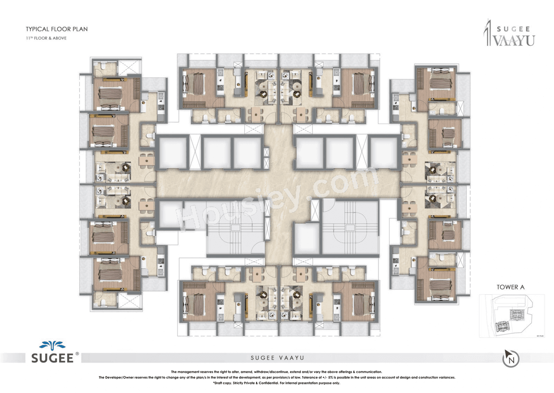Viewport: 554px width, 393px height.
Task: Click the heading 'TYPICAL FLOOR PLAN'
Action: click(x=56, y=29)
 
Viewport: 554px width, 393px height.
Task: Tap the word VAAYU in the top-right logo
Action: click(x=513, y=40)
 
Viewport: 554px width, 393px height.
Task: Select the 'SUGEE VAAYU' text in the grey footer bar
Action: click(x=277, y=358)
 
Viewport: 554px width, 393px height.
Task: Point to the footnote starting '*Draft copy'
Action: click(x=277, y=383)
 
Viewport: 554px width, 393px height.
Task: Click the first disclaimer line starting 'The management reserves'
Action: click(x=277, y=372)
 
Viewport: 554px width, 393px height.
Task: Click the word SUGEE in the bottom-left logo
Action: click(x=51, y=358)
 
